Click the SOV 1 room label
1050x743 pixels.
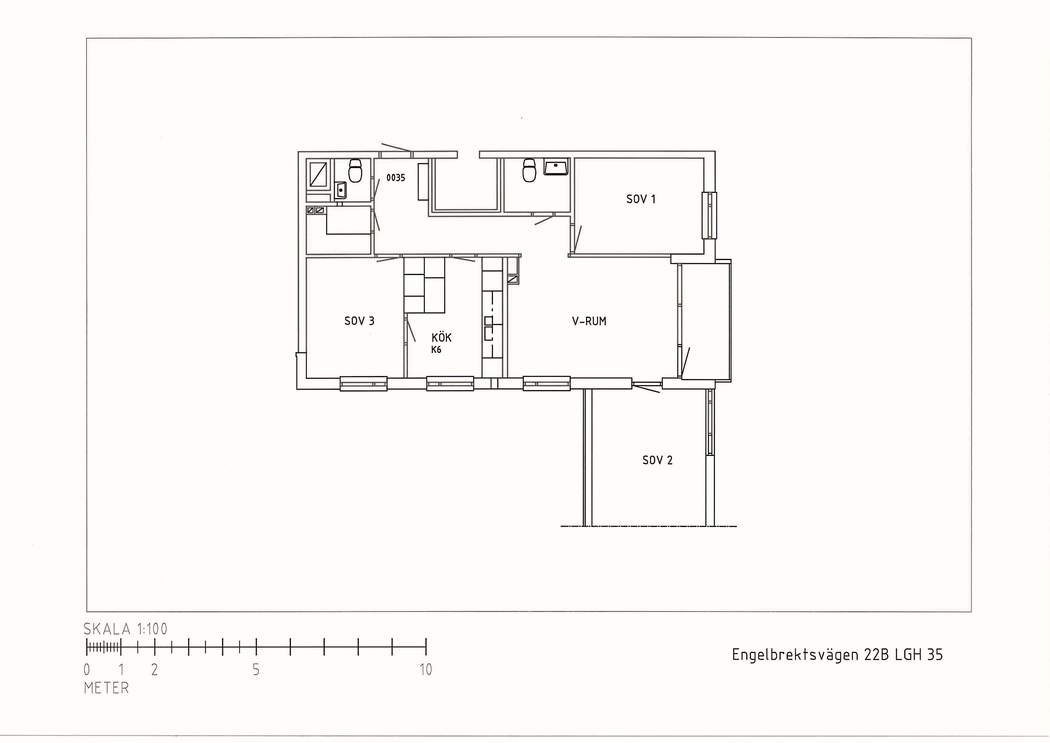coord(641,199)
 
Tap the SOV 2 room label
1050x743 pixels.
coord(658,460)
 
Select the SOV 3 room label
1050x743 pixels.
coord(359,321)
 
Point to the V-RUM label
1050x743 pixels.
coord(589,321)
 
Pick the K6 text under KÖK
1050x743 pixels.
coord(436,350)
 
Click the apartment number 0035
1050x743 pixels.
coord(396,178)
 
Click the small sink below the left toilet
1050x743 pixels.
coord(340,190)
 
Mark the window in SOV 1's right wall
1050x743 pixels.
coord(709,215)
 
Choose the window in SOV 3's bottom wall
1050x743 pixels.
coord(364,383)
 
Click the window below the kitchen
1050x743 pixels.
coord(450,383)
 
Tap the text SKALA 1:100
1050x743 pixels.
coord(125,629)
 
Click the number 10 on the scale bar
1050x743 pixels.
coord(426,670)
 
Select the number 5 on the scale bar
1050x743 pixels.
coord(256,670)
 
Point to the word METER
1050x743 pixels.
coord(107,688)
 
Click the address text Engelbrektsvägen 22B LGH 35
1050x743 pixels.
coord(837,655)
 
